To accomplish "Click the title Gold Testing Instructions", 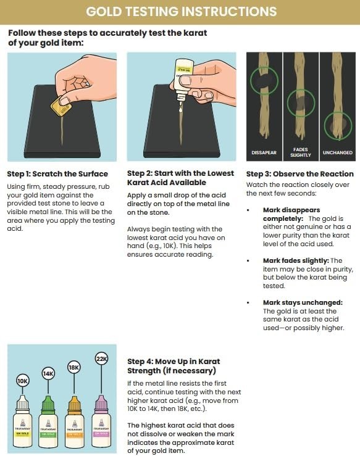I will (x=180, y=12).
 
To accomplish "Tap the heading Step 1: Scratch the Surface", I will (x=57, y=174).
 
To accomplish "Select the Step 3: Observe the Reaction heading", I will (x=299, y=174).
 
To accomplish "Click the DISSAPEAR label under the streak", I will (x=264, y=152).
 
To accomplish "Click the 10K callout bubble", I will (x=22, y=381).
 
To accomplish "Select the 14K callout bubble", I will (x=48, y=373).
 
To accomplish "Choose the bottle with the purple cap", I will (x=100, y=420).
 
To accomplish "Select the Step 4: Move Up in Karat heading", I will (x=173, y=366).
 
